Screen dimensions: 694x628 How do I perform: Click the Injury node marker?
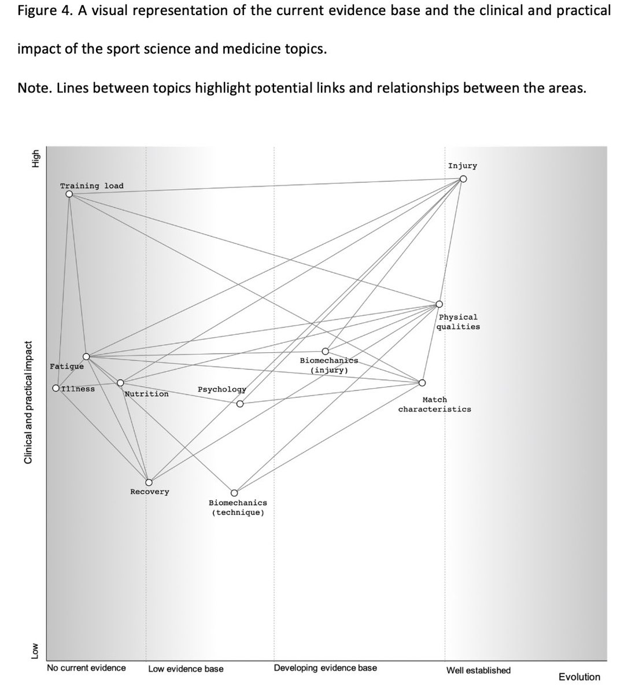[x=463, y=179]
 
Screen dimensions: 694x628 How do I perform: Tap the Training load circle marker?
[x=69, y=194]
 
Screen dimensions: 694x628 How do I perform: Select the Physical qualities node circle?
[x=439, y=304]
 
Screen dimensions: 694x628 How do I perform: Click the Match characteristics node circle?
[x=422, y=383]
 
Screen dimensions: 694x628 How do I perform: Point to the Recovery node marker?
[x=149, y=482]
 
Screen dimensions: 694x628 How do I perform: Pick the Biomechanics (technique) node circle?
[x=234, y=493]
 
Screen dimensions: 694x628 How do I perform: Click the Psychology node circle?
[x=240, y=404]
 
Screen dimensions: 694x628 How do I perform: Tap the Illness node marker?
[x=56, y=389]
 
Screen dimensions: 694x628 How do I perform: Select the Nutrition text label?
[x=147, y=394]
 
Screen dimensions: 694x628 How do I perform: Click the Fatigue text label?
[x=67, y=366]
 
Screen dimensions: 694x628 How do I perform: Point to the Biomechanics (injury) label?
[x=329, y=365]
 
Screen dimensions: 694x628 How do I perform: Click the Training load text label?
[x=91, y=186]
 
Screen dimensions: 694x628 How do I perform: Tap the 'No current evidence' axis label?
[x=86, y=668]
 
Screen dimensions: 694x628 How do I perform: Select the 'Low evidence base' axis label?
[x=186, y=669]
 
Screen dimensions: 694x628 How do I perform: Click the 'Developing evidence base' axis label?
[x=325, y=668]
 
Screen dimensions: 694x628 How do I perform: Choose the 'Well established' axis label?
[x=478, y=670]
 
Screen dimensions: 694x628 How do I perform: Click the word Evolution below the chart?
[x=579, y=677]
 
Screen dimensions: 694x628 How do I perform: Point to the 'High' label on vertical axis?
[x=35, y=159]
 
